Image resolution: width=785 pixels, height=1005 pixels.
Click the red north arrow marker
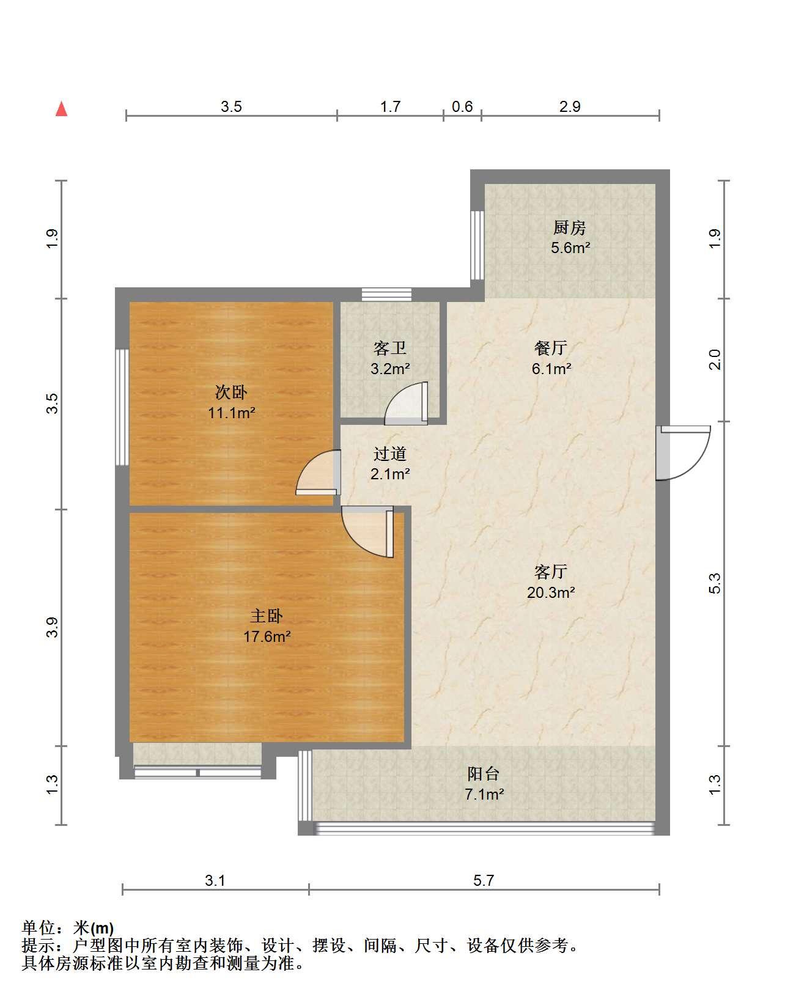[62, 109]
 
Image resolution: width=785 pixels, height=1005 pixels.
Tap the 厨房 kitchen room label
[570, 227]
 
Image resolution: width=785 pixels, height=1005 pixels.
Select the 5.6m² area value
[570, 248]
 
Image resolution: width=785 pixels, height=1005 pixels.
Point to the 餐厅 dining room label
[551, 347]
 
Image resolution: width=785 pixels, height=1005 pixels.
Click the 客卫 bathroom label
[389, 348]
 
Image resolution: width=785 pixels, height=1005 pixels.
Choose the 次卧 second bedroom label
[231, 392]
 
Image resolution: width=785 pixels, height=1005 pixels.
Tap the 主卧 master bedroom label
[267, 616]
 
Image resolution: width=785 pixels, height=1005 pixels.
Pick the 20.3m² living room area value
[551, 592]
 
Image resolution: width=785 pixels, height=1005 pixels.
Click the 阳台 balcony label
[484, 774]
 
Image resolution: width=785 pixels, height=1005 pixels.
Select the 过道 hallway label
[389, 454]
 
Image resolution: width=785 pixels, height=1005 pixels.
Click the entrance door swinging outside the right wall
[684, 453]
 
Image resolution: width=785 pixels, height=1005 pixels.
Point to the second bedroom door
[319, 472]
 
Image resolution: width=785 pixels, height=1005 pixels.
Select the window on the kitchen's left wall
[477, 246]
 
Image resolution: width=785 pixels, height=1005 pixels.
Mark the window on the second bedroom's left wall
[122, 407]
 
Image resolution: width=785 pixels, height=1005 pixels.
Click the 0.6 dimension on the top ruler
[462, 107]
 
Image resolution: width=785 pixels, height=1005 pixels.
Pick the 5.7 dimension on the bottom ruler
[484, 880]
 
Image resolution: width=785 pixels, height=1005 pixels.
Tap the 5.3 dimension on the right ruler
[715, 583]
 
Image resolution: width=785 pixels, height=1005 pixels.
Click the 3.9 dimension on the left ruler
[52, 627]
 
